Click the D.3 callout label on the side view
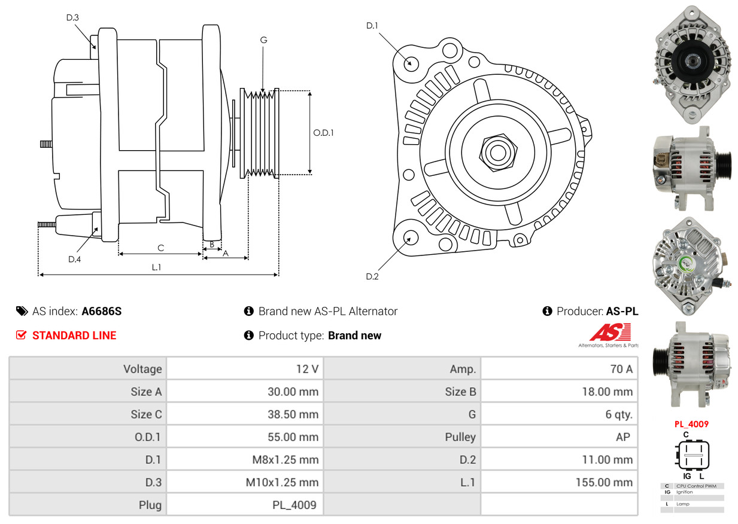point(72,17)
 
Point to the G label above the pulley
point(263,40)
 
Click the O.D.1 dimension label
point(324,133)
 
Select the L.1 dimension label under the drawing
point(156,267)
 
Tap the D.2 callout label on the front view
point(372,276)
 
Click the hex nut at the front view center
point(498,152)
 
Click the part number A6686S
point(102,311)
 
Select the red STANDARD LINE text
point(74,336)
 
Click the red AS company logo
point(610,333)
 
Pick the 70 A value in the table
point(621,369)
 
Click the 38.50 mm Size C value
point(293,415)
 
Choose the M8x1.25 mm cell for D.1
point(286,459)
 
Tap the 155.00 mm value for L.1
point(604,482)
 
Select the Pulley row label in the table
point(460,437)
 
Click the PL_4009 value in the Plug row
point(294,505)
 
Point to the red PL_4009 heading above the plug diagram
point(691,424)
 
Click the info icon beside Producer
point(547,311)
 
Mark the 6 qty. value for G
point(619,415)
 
